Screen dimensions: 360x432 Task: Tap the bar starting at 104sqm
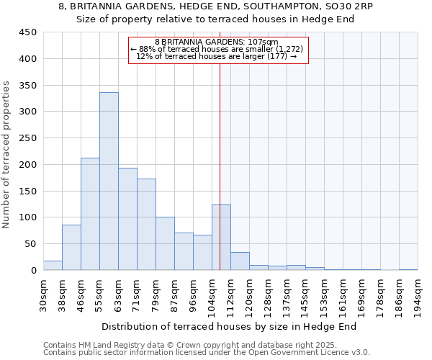(x=221, y=238)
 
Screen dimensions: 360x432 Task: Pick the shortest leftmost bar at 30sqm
(x=53, y=266)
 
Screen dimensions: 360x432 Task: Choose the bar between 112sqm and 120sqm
(x=240, y=261)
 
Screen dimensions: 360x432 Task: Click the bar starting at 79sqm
(x=165, y=243)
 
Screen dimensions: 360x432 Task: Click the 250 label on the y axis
(x=29, y=138)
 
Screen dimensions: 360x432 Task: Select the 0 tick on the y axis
(x=33, y=271)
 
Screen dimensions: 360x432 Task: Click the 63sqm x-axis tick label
(x=118, y=294)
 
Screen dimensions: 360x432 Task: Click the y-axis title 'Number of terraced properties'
(x=6, y=155)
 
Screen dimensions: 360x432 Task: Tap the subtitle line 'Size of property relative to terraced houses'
(x=215, y=19)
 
